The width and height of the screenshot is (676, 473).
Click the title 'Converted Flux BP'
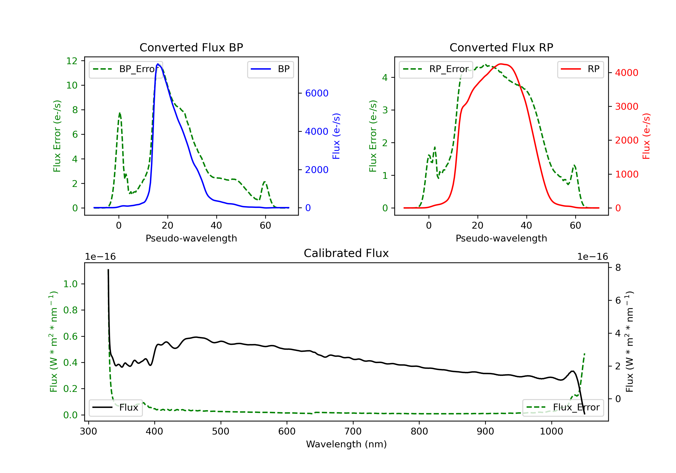click(x=191, y=47)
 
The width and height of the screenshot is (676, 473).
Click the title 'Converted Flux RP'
click(x=501, y=47)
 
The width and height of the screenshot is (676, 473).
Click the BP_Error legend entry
click(x=126, y=69)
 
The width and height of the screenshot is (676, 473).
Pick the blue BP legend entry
click(x=270, y=69)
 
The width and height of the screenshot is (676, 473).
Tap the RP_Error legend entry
click(x=436, y=69)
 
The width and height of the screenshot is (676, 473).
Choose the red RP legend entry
click(x=580, y=69)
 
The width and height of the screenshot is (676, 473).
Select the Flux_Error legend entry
click(x=563, y=407)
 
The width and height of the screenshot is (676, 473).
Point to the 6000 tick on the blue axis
click(x=317, y=93)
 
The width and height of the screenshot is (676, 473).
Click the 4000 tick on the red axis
click(x=626, y=73)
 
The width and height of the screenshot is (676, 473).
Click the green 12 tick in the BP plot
click(x=72, y=61)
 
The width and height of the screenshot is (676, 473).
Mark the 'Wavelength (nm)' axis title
click(x=346, y=444)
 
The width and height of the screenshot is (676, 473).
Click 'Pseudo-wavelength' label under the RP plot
click(x=501, y=238)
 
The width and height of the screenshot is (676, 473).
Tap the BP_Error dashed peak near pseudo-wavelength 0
click(x=119, y=113)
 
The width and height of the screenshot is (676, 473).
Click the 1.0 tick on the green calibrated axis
click(x=70, y=284)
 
